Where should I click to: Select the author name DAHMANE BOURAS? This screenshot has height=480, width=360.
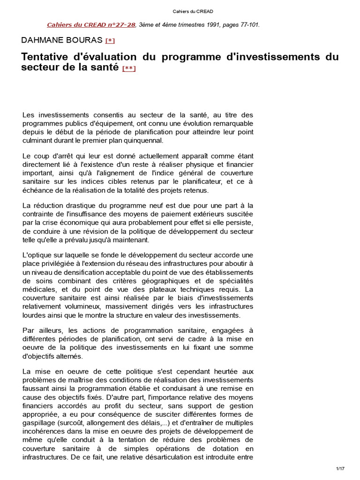[x=62, y=40]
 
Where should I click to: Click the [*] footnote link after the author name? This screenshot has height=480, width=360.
[x=110, y=41]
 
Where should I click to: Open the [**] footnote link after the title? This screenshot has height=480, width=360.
[x=129, y=68]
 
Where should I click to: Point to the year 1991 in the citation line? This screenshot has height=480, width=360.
[x=195, y=25]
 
